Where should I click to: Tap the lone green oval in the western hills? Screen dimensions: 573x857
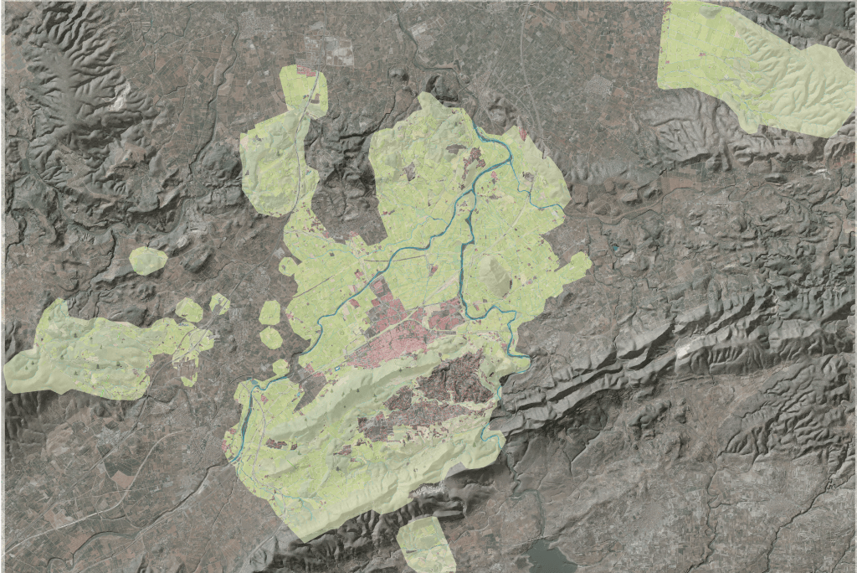pyautogui.click(x=148, y=261)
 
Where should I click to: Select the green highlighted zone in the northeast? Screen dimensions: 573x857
pyautogui.click(x=753, y=67)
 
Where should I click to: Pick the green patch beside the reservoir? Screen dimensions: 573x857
pyautogui.click(x=426, y=544)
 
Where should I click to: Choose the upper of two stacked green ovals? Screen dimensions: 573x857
pyautogui.click(x=269, y=313)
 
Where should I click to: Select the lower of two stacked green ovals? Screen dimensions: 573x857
pyautogui.click(x=271, y=338)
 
